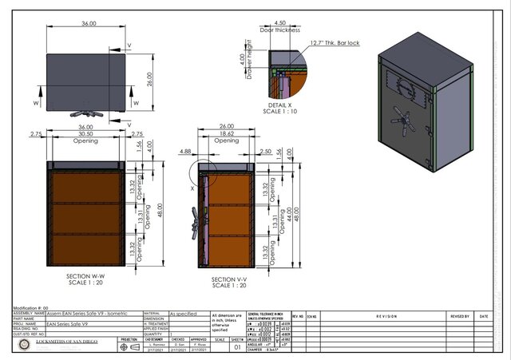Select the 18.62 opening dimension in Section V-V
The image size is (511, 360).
[225, 136]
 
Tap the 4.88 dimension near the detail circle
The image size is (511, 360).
[187, 150]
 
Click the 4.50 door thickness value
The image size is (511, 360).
[279, 23]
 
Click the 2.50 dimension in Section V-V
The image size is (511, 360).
[266, 150]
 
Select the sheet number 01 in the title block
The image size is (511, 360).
[237, 347]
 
